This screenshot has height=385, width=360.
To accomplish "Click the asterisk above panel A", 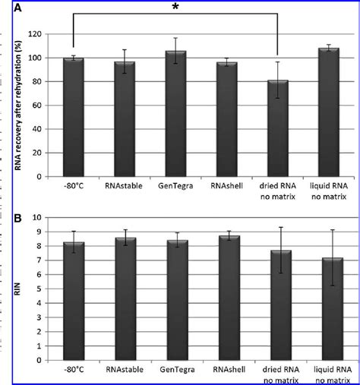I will coord(176,8).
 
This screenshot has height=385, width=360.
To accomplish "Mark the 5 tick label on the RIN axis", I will coord(40,288).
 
